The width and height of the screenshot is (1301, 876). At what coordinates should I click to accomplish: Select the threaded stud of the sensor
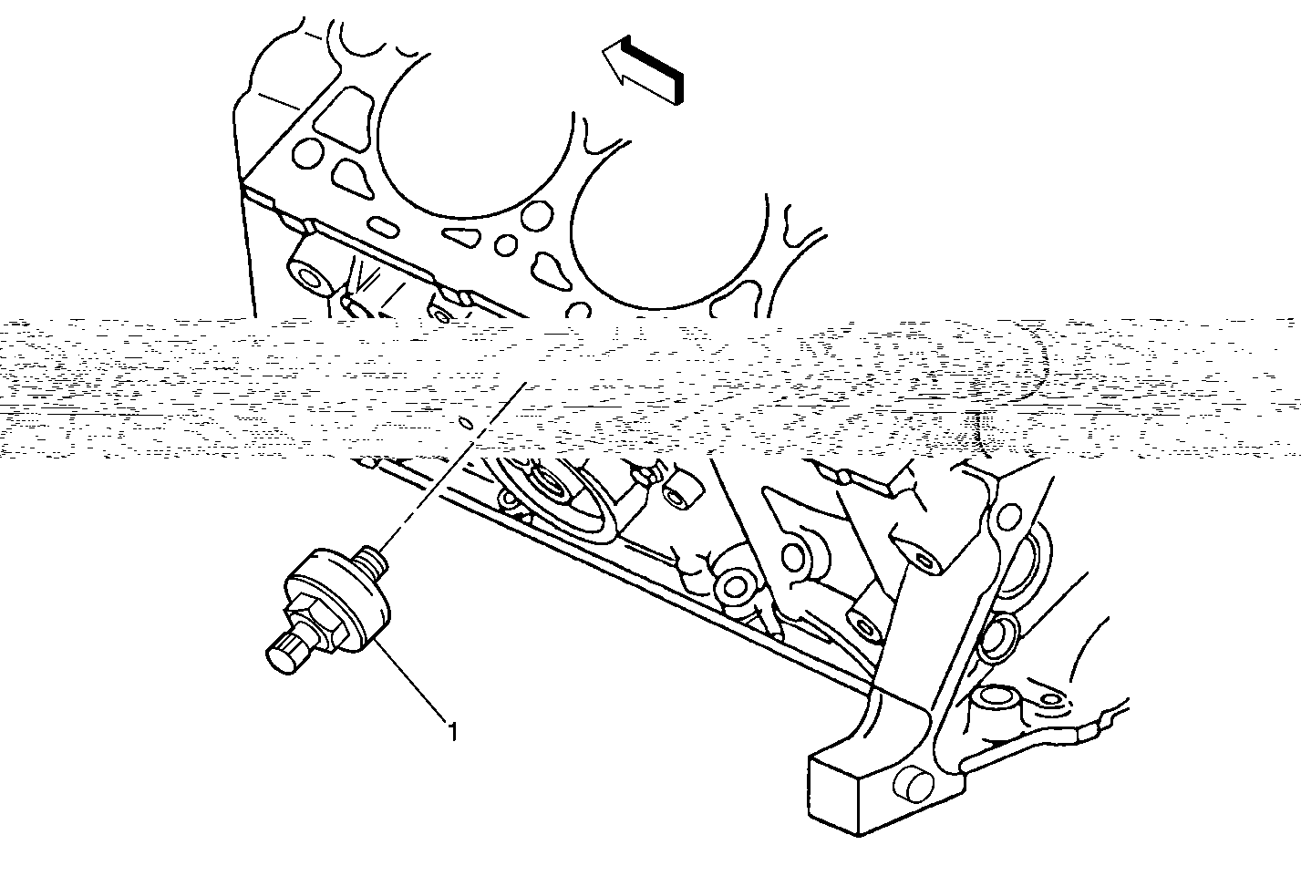pyautogui.click(x=372, y=561)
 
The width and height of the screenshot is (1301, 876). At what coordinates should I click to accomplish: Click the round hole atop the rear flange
pyautogui.click(x=1009, y=514)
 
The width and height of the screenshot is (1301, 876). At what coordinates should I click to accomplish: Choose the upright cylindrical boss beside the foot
pyautogui.click(x=997, y=708)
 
